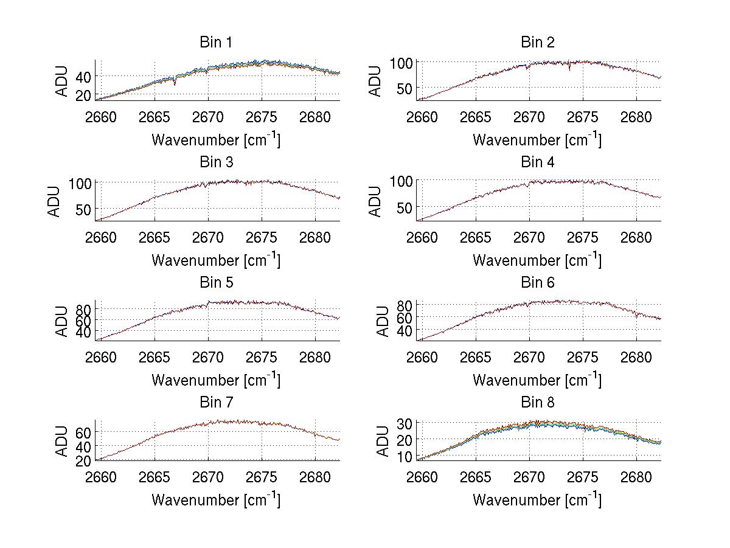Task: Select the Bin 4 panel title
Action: coord(537,162)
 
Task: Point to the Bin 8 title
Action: coord(537,403)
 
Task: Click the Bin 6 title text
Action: coord(537,283)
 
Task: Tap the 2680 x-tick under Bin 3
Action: coord(315,237)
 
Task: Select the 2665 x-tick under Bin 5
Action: coord(155,356)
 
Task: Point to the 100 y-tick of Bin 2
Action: coord(402,63)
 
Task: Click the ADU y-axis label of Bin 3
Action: coord(55,201)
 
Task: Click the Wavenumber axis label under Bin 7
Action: coord(215,500)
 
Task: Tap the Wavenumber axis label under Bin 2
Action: coord(537,140)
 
